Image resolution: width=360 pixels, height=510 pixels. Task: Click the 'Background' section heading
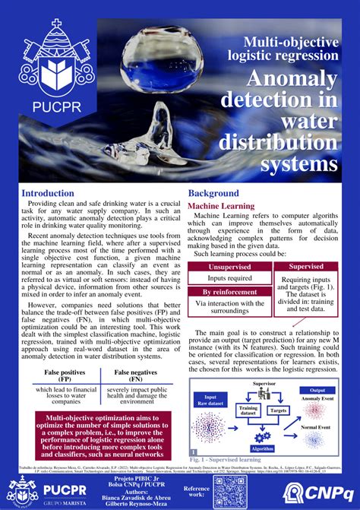coord(213,194)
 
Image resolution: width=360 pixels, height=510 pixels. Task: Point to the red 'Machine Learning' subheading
coord(221,206)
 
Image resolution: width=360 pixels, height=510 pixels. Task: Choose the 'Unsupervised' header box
coord(229,267)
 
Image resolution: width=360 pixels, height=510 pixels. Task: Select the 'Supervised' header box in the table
coord(306,267)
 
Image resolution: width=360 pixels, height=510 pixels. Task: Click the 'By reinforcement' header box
coord(229,293)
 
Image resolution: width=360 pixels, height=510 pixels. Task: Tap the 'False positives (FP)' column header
coord(62,375)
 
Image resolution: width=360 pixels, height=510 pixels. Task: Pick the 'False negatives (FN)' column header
coord(137,375)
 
